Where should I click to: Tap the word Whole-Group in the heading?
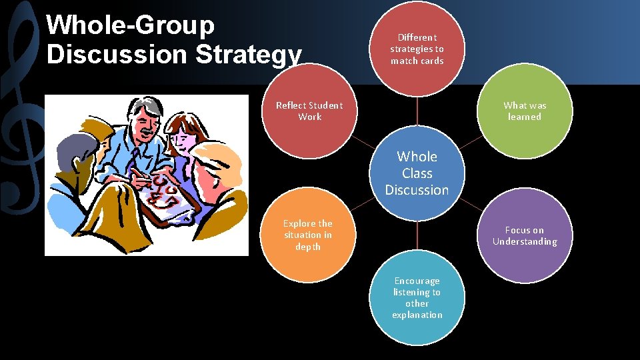pos(131,25)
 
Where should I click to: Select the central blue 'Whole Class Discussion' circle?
pos(417,173)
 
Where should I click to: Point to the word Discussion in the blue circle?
pos(417,191)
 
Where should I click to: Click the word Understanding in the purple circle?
pos(525,242)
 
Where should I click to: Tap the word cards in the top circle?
pos(431,61)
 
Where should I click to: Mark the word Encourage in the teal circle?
pos(417,281)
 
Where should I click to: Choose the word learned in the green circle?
pos(525,117)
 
